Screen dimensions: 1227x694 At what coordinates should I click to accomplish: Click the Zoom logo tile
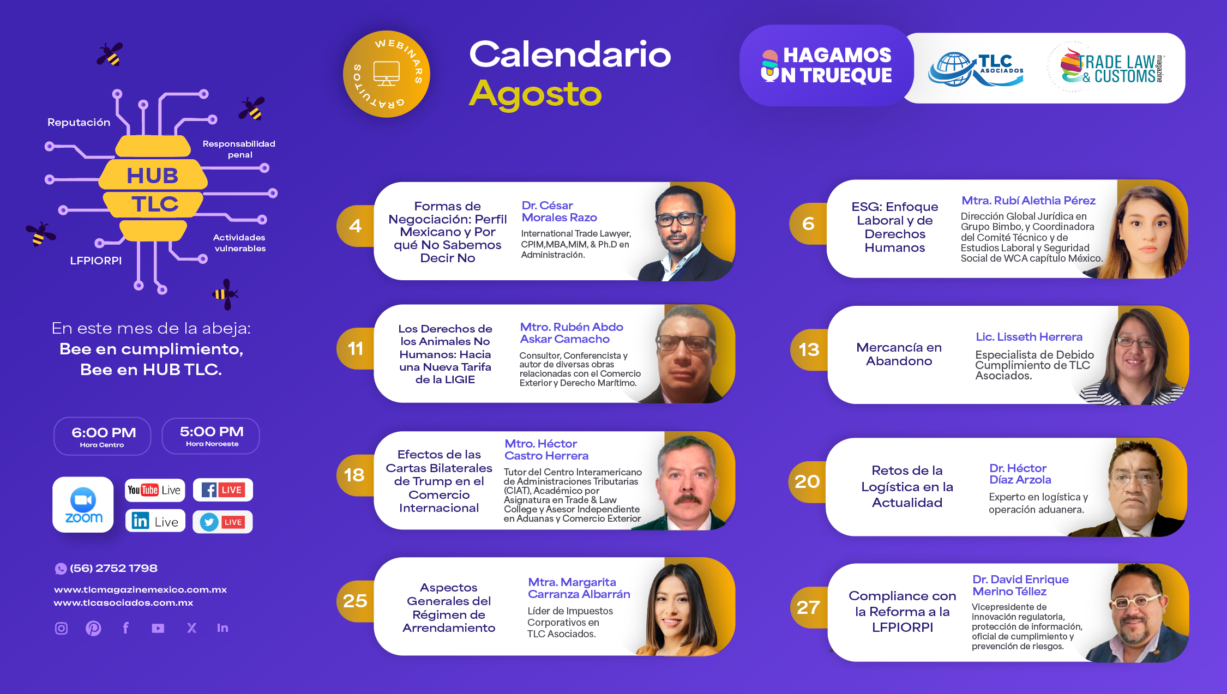pyautogui.click(x=83, y=504)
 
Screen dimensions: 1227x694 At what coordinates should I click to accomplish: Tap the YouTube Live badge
pyautogui.click(x=155, y=490)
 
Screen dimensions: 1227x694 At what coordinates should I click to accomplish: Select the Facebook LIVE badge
pyautogui.click(x=222, y=490)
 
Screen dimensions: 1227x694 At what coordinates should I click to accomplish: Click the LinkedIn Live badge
pyautogui.click(x=155, y=521)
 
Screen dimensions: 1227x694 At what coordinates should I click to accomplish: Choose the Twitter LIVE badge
pyautogui.click(x=222, y=522)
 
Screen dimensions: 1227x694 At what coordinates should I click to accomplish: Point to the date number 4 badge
pyautogui.click(x=356, y=226)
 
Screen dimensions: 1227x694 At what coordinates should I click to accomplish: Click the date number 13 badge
pyautogui.click(x=809, y=349)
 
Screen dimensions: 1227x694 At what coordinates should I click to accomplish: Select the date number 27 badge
pyautogui.click(x=809, y=607)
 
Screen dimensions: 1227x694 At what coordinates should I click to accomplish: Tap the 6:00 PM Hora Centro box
pyautogui.click(x=103, y=436)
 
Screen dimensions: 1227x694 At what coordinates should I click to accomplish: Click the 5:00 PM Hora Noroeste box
pyautogui.click(x=211, y=436)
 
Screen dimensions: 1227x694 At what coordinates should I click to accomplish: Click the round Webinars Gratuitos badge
pyautogui.click(x=387, y=74)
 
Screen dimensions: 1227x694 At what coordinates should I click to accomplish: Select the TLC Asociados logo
pyautogui.click(x=976, y=69)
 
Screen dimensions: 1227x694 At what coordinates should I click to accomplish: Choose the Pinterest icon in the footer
pyautogui.click(x=93, y=628)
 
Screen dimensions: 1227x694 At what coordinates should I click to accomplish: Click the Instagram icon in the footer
pyautogui.click(x=62, y=628)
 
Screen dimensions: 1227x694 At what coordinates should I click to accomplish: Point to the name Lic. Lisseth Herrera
pyautogui.click(x=1029, y=337)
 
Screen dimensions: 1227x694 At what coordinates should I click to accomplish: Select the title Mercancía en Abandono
pyautogui.click(x=899, y=354)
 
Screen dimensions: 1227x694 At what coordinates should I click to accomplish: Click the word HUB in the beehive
pyautogui.click(x=153, y=176)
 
